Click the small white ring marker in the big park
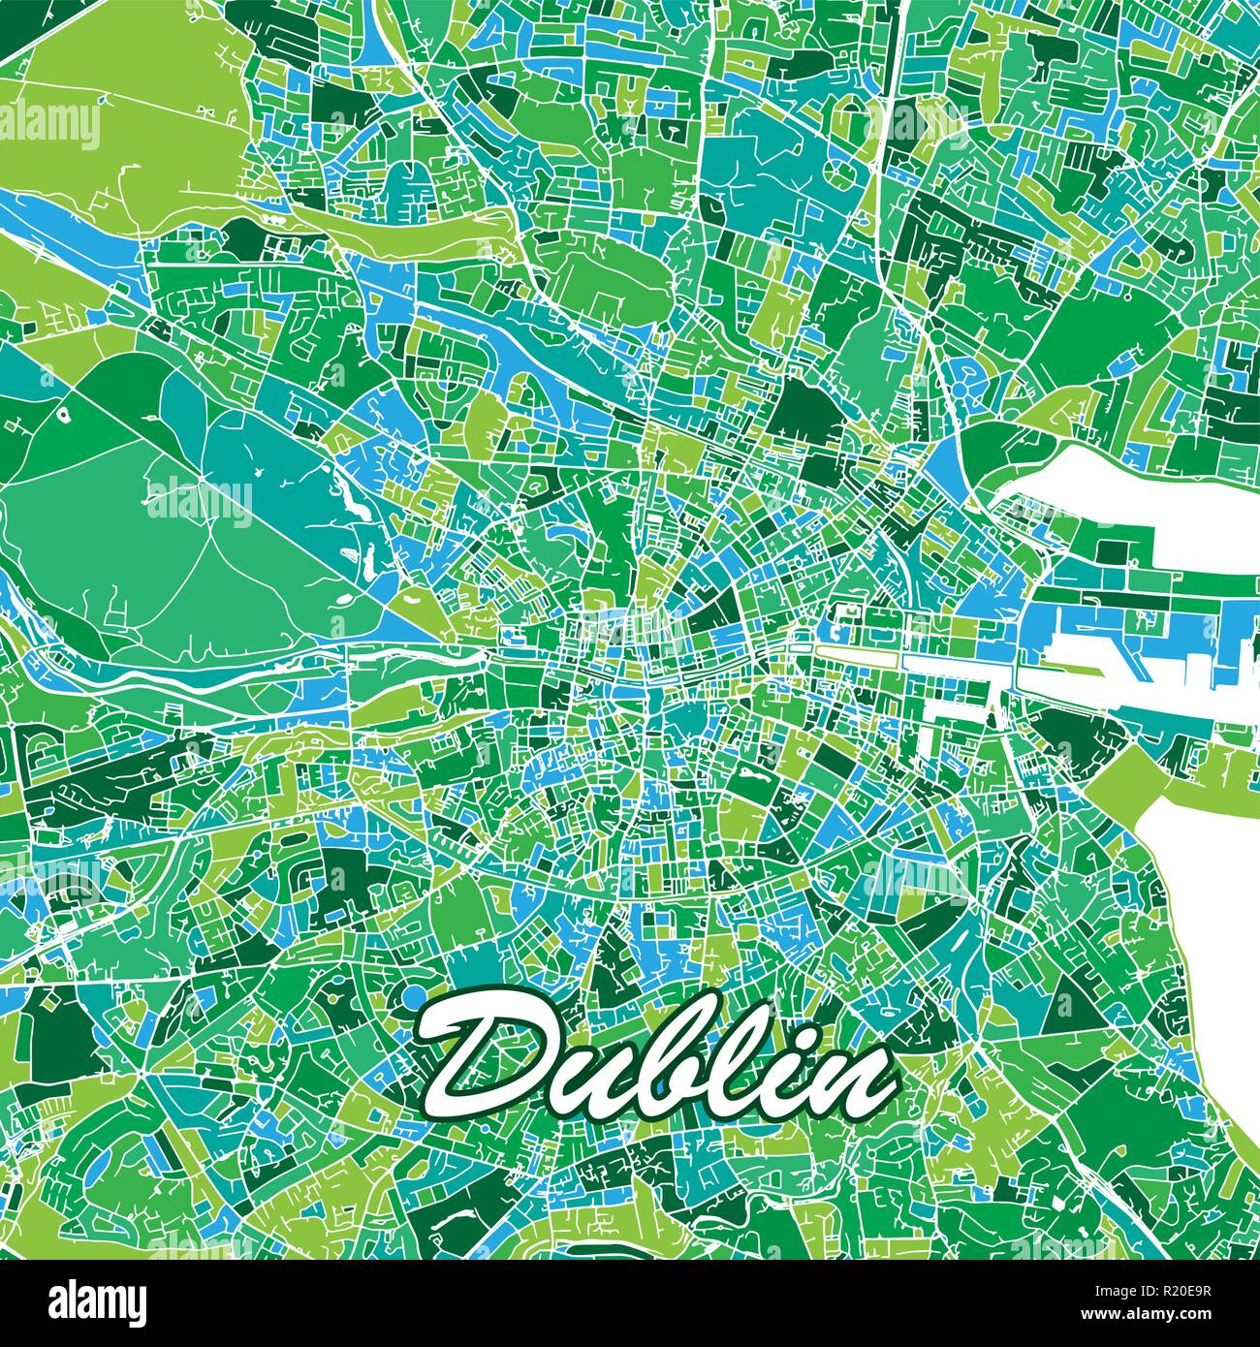(64, 415)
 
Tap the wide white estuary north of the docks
(1144, 485)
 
